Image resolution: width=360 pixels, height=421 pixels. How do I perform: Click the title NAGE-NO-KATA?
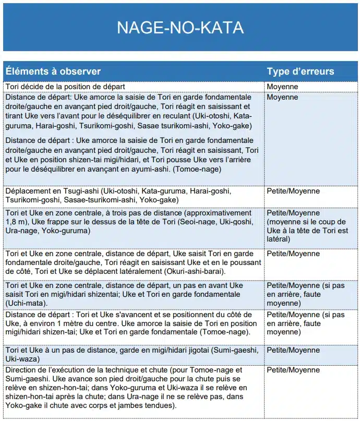pyautogui.click(x=180, y=27)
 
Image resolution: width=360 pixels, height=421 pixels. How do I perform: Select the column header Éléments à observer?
pyautogui.click(x=53, y=71)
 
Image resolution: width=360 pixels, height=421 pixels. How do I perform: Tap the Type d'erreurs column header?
pyautogui.click(x=301, y=71)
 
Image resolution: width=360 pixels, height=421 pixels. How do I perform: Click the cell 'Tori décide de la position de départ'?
pyautogui.click(x=65, y=87)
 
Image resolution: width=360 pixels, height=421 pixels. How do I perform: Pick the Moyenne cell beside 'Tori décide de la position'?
pyautogui.click(x=282, y=87)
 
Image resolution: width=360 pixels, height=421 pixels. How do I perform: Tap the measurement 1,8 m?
pyautogui.click(x=17, y=222)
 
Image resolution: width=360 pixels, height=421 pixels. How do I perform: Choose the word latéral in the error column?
pyautogui.click(x=279, y=239)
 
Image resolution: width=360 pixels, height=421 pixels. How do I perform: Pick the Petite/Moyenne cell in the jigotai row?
pyautogui.click(x=293, y=351)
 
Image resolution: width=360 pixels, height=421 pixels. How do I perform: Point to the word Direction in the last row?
pyautogui.click(x=22, y=370)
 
